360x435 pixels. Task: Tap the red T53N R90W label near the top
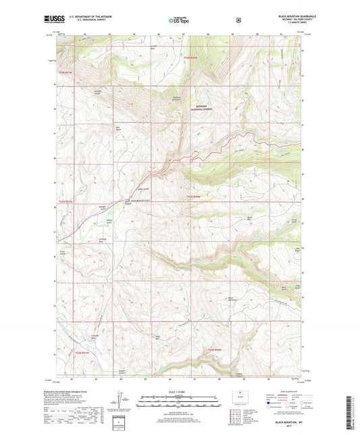tap(192, 59)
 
